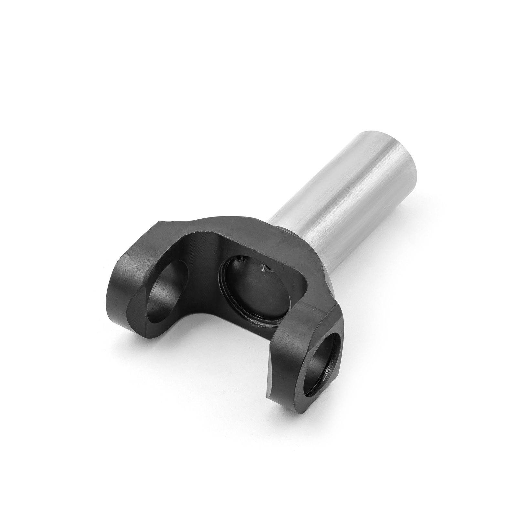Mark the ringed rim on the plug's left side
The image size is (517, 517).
(x=223, y=284)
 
